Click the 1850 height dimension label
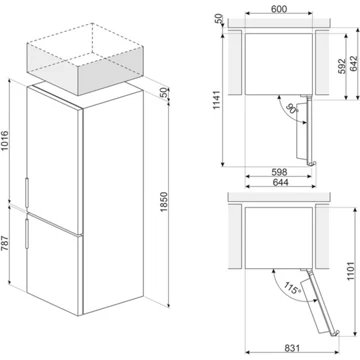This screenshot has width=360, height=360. pos(163,202)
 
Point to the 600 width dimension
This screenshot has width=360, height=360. pos(279,9)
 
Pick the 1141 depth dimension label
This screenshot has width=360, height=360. pos(217,100)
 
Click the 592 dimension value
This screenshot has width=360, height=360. pos(342,66)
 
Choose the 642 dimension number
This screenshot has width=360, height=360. pos(354,63)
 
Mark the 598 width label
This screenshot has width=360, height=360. pos(279,172)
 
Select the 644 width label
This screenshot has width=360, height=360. pos(279,182)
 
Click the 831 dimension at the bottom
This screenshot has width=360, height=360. pos(292,348)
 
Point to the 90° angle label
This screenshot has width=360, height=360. pos(291,109)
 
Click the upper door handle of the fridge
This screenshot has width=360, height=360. pos(27,191)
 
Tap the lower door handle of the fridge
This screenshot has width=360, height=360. pos(27,233)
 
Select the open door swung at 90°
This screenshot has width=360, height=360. pos(307,130)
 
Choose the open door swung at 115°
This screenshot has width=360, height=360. pos(320,302)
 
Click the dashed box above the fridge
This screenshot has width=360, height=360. pos(85,59)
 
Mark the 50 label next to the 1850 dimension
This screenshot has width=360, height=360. pos(163,93)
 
